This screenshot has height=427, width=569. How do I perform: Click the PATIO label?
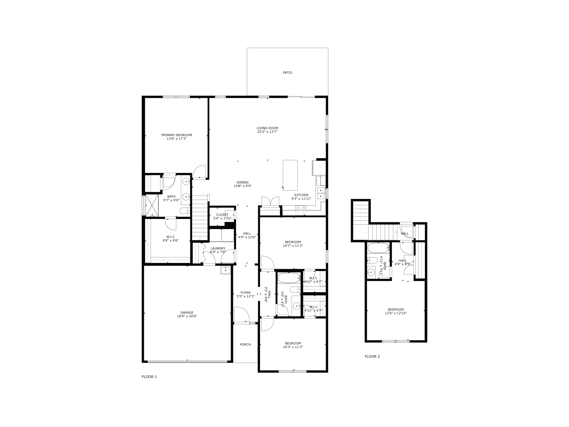click(x=287, y=72)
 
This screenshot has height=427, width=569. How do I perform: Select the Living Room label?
click(x=267, y=128)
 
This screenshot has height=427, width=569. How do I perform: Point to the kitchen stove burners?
click(x=300, y=210)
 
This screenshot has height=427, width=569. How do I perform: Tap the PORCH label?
click(x=245, y=344)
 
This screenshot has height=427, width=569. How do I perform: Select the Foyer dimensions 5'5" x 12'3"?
click(x=245, y=296)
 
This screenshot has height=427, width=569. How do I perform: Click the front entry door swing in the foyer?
click(x=241, y=314)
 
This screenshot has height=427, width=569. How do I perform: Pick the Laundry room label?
click(x=218, y=248)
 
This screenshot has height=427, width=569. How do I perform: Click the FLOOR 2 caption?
click(x=372, y=356)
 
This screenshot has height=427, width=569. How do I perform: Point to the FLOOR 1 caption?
click(x=149, y=377)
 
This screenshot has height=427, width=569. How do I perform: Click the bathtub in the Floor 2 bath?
click(x=378, y=248)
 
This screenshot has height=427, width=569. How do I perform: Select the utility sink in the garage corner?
click(x=225, y=270)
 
